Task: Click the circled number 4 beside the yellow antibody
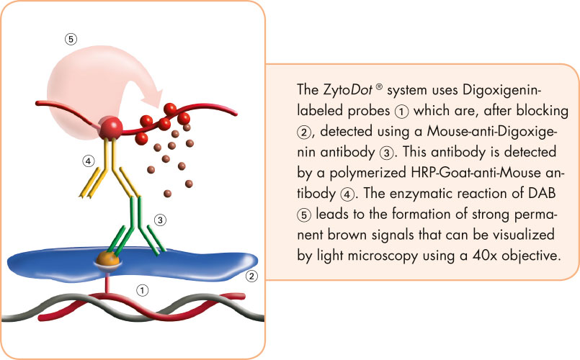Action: (x=89, y=161)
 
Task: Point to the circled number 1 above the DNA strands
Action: (x=143, y=290)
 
